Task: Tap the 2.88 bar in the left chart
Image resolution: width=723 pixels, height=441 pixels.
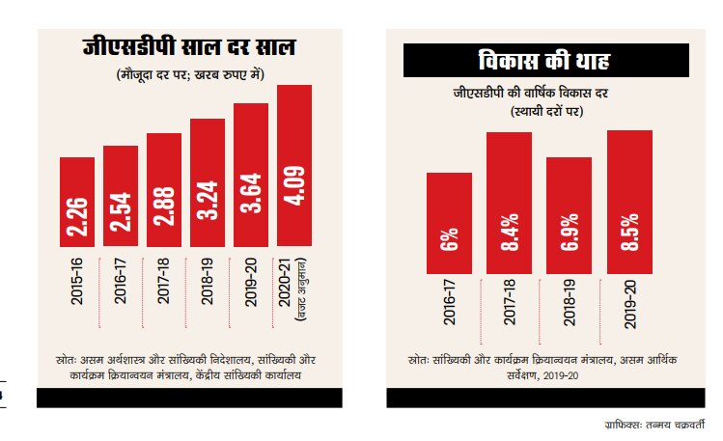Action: coord(163,193)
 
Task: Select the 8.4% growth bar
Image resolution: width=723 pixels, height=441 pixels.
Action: coord(509,203)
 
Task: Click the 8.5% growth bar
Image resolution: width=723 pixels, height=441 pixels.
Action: coord(629,202)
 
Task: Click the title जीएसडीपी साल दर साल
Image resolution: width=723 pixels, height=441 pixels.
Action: coord(187,46)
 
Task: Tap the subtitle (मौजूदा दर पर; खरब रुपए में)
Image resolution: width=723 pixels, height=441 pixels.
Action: coord(188,73)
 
